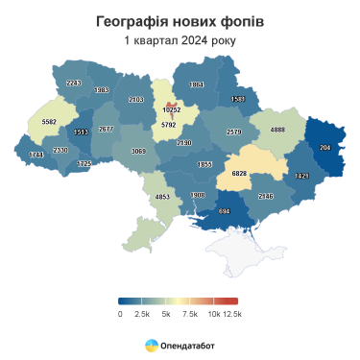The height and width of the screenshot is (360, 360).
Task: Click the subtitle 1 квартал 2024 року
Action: point(180,40)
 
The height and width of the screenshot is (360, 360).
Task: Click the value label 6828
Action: point(235,175)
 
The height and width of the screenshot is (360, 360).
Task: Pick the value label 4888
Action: point(277,129)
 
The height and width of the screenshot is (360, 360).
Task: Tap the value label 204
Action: point(324,148)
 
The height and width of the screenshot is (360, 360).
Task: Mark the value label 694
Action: point(224,211)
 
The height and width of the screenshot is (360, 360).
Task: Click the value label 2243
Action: point(74,84)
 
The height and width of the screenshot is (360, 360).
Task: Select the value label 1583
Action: point(238,99)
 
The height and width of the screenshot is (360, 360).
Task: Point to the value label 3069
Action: point(138,152)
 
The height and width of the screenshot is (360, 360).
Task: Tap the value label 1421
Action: point(302,176)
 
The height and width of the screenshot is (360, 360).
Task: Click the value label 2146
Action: point(266,196)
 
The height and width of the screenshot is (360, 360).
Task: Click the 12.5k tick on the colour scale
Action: point(232,314)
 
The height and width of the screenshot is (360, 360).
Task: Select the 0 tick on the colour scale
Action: point(120,314)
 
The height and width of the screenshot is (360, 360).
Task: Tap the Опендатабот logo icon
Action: point(152,344)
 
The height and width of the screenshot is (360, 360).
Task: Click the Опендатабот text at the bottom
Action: point(188,344)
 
